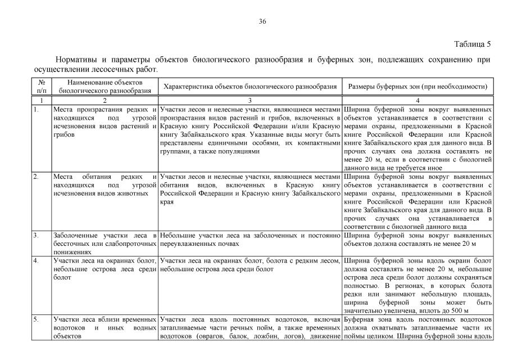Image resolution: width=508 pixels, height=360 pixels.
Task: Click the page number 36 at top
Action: [262, 21]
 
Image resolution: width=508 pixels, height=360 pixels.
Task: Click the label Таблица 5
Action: [473, 44]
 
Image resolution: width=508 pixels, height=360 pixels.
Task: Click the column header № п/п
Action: [41, 87]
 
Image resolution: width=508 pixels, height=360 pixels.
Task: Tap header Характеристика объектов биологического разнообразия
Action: [250, 87]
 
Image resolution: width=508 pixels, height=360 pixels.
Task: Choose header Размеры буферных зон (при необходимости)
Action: [417, 87]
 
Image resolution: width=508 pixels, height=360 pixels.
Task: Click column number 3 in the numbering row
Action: [250, 100]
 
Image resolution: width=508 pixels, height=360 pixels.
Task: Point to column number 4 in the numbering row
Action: [417, 100]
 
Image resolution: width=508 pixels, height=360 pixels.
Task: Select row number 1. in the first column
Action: [36, 109]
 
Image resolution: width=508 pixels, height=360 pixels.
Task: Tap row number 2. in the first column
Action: [36, 177]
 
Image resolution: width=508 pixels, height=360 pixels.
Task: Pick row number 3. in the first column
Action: [36, 235]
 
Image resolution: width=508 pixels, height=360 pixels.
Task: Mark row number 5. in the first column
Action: [36, 319]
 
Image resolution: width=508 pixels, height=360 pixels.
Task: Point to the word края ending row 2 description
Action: [167, 201]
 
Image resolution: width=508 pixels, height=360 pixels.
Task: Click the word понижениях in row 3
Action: [72, 252]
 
